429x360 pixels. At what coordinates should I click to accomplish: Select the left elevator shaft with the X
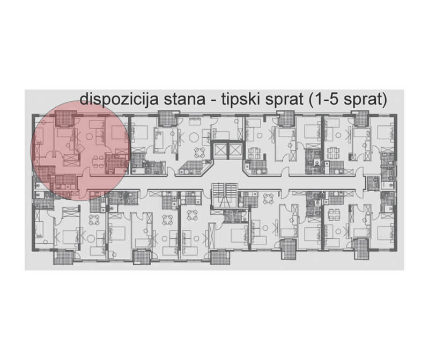(220, 150)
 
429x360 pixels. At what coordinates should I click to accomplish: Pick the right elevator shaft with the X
(235, 150)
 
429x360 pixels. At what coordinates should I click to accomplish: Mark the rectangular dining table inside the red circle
(98, 162)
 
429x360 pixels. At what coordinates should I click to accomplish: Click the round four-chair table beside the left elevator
(199, 152)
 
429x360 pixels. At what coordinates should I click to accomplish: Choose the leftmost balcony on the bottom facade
(62, 258)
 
